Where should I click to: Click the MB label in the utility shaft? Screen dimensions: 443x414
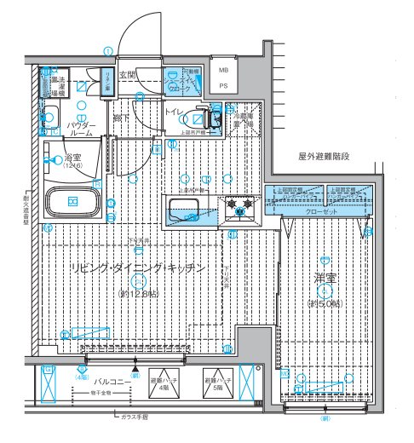[224, 72]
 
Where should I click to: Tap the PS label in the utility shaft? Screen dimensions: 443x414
[224, 86]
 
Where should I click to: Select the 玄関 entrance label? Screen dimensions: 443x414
[128, 75]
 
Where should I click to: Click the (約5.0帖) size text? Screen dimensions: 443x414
[325, 304]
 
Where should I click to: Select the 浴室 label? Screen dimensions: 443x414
[73, 158]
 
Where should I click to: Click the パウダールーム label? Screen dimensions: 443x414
[81, 129]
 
